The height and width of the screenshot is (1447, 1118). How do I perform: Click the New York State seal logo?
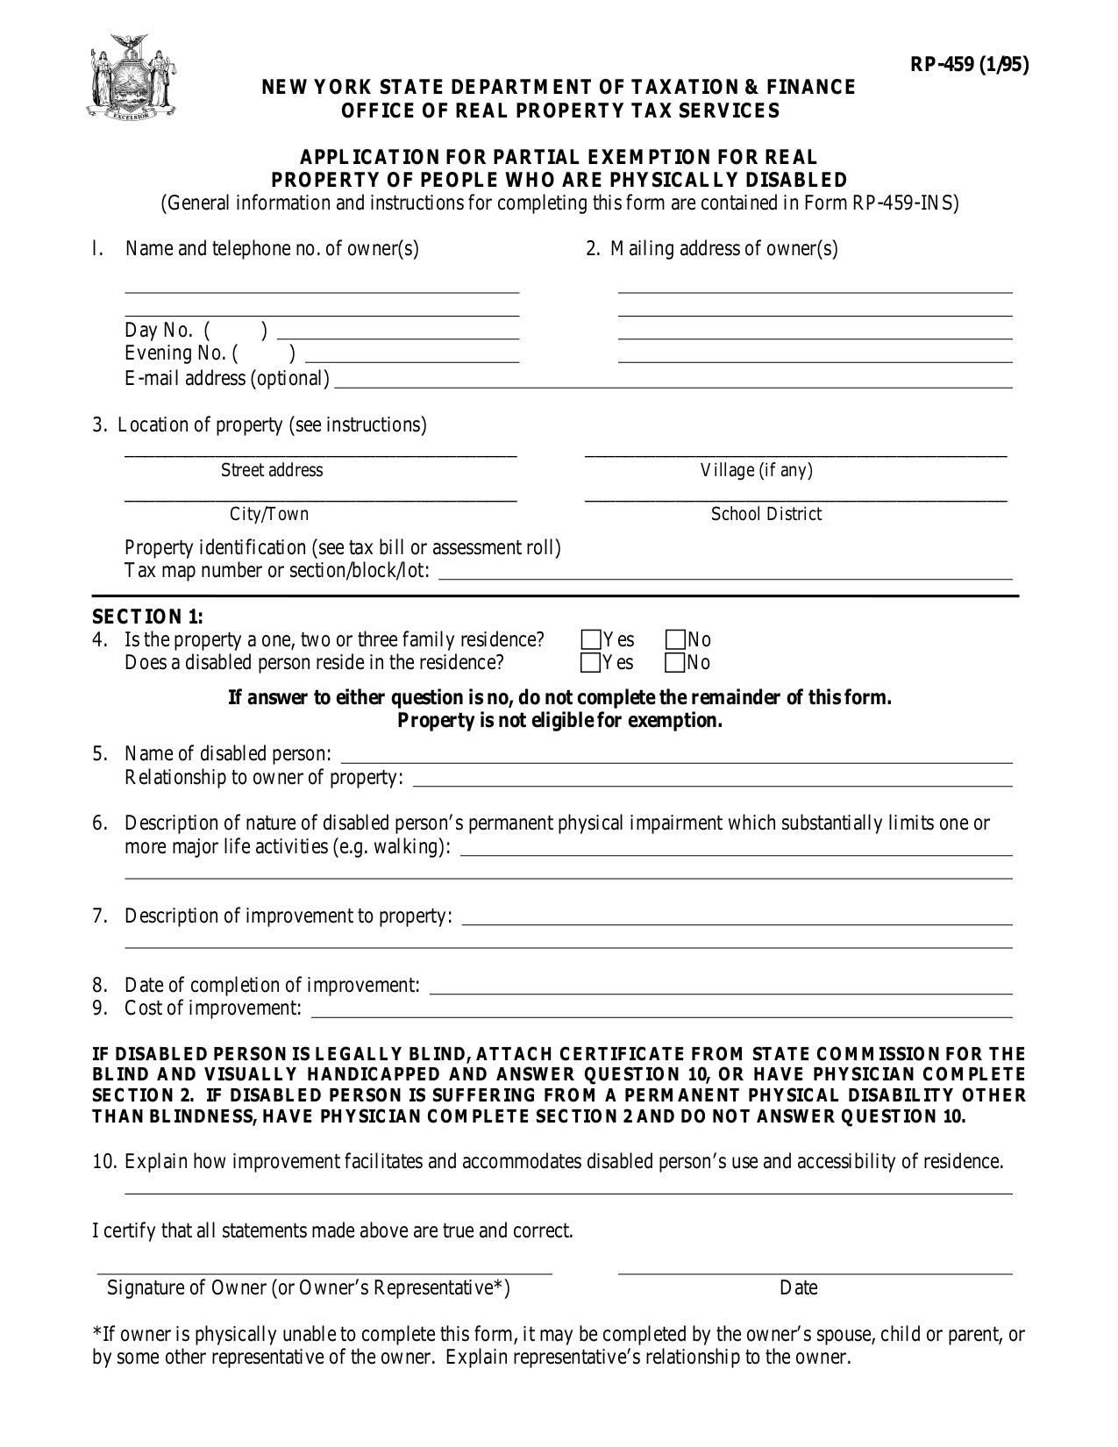pos(132,77)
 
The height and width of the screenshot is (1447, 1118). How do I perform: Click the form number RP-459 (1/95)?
pos(969,64)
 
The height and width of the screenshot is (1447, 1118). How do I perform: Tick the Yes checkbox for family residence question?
pos(591,639)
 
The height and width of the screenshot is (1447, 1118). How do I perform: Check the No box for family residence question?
pos(675,639)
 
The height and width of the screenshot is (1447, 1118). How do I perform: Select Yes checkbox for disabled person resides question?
pos(591,662)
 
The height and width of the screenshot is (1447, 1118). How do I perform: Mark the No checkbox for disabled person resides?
pos(675,662)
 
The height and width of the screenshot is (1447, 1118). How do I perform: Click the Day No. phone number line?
pos(397,336)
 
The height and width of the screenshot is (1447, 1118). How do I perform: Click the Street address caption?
pos(272,470)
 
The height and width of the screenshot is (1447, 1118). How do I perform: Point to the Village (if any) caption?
pos(756,470)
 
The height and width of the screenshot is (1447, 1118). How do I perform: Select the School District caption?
pos(766,514)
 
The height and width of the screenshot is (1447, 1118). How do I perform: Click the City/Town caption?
pos(269,514)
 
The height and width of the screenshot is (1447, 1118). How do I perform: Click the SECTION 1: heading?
pos(147,617)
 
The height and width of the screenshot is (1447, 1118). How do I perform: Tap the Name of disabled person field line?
pos(675,759)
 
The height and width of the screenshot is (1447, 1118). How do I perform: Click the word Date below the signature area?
pos(798,1287)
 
